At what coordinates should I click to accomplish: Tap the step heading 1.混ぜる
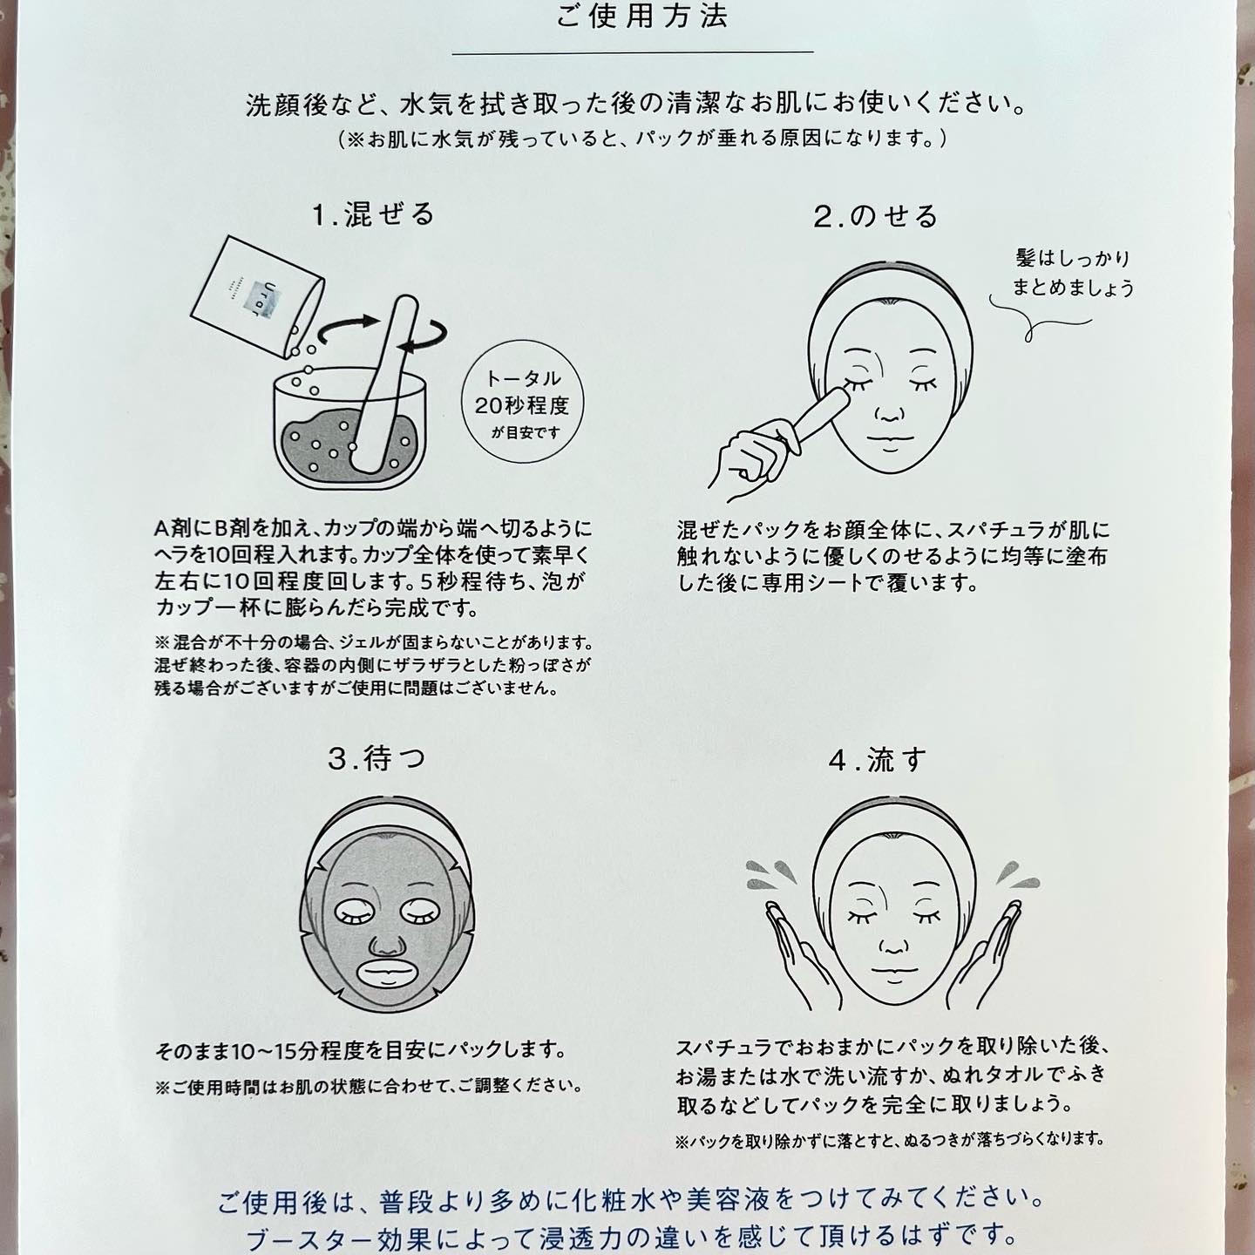pyautogui.click(x=373, y=215)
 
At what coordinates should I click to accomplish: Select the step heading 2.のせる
pyautogui.click(x=875, y=216)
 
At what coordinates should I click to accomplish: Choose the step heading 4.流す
pyautogui.click(x=877, y=760)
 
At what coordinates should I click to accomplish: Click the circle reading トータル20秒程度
pyautogui.click(x=522, y=402)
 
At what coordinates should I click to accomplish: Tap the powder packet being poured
pyautogui.click(x=257, y=297)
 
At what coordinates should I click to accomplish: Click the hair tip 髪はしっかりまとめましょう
pyautogui.click(x=1072, y=274)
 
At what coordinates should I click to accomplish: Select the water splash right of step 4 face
pyautogui.click(x=1016, y=875)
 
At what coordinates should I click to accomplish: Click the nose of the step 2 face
pyautogui.click(x=890, y=410)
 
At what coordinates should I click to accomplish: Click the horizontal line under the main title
pyautogui.click(x=633, y=52)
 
